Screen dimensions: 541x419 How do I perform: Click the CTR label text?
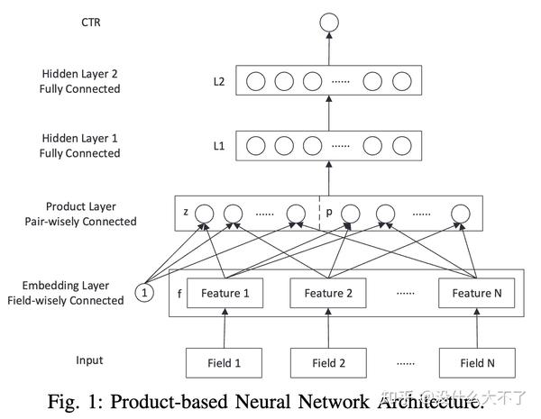point(91,23)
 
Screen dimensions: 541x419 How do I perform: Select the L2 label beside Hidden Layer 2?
point(219,82)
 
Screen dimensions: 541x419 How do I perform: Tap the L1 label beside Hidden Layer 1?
point(219,146)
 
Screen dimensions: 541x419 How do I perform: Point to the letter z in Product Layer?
point(186,212)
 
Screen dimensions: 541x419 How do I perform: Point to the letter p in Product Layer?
point(329,212)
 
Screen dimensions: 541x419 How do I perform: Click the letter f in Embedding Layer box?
point(179,294)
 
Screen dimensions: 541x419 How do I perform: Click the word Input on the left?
point(89,360)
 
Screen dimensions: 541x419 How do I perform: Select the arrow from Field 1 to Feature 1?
point(225,328)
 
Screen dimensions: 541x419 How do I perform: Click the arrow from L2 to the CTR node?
point(329,49)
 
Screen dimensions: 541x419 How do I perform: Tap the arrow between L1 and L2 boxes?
point(329,114)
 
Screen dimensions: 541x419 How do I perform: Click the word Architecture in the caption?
point(429,402)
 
